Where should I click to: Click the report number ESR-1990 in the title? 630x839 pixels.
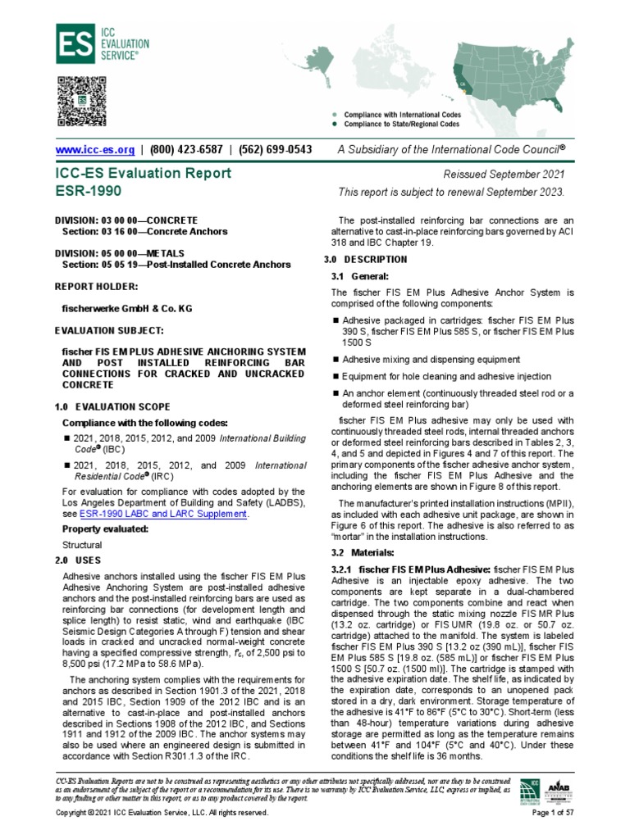(x=87, y=191)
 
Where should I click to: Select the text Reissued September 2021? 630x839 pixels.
(x=517, y=175)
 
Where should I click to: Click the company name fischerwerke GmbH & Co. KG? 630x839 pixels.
(x=124, y=309)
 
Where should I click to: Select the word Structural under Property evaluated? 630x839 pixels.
(x=83, y=544)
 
